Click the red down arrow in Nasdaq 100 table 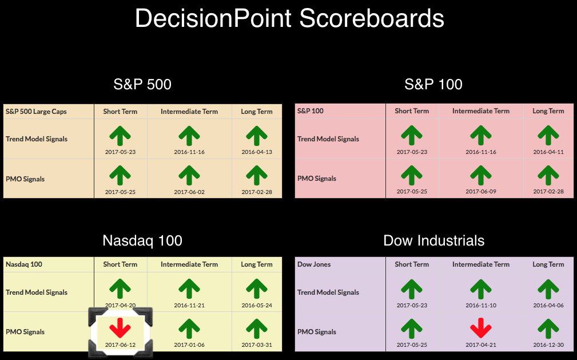point(120,328)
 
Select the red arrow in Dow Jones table point(480,328)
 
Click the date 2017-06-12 point(120,345)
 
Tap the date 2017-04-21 point(480,345)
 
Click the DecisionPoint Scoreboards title point(289,18)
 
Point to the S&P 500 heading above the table point(142,84)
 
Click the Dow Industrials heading point(434,240)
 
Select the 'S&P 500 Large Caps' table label point(36,112)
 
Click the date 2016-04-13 point(257,152)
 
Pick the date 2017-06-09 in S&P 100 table point(480,192)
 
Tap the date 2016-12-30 point(548,345)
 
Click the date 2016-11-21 point(189,305)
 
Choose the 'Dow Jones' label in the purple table point(314,264)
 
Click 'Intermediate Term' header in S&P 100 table point(481,111)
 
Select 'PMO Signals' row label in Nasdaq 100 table point(25,331)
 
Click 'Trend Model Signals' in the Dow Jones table point(328,292)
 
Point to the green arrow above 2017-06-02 point(189,175)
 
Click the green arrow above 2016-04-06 point(548,289)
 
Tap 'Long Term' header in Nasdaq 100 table point(257,264)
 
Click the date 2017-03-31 point(257,345)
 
